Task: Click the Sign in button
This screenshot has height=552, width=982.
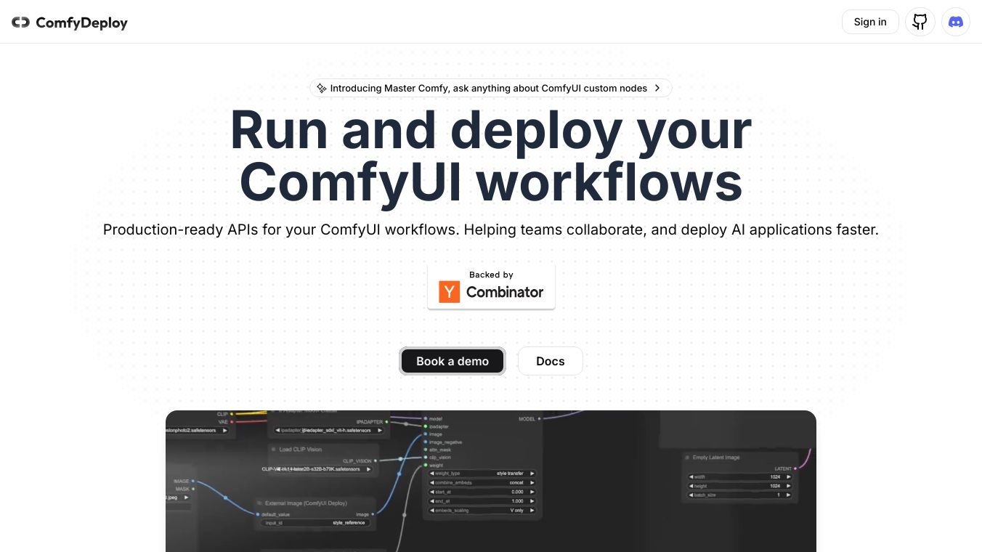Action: (869, 22)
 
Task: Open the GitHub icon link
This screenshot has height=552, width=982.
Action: (920, 22)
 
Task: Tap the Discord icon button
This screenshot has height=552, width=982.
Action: (956, 22)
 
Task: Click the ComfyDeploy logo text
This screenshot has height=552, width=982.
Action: (81, 23)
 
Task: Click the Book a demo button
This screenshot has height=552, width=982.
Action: (453, 361)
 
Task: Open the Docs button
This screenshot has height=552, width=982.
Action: (550, 361)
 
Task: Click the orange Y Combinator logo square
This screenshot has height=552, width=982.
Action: (450, 292)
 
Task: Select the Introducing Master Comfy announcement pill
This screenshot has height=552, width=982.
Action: (490, 88)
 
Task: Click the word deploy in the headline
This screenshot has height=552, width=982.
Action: (535, 131)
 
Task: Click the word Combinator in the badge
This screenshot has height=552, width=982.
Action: (505, 292)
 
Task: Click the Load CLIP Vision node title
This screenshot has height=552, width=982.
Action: (300, 450)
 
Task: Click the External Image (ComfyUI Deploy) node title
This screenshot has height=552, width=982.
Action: (306, 503)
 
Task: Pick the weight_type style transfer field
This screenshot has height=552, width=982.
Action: (483, 474)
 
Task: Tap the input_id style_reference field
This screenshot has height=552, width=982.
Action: (315, 523)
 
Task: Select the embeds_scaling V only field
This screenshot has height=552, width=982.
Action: (483, 511)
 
